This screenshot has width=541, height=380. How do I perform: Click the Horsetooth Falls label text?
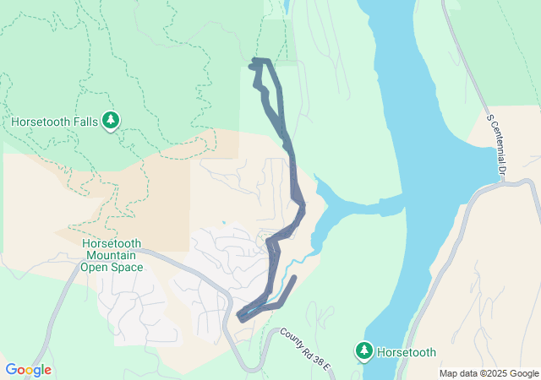pos(54,122)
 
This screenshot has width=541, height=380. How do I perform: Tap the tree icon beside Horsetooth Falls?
pos(111,121)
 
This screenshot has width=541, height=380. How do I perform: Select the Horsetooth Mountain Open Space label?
pos(112,255)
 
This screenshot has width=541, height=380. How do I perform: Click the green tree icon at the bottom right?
pos(364,350)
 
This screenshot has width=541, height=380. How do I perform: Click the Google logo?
pos(28,370)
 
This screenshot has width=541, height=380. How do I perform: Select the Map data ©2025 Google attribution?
pos(489,373)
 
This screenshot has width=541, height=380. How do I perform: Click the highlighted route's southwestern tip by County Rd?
pos(241,318)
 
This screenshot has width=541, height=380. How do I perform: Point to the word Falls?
pos(83,122)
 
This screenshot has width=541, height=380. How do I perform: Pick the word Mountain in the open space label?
pos(112,255)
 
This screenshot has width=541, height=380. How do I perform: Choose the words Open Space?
pos(112,267)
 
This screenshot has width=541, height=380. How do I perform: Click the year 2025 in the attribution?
pos(494,373)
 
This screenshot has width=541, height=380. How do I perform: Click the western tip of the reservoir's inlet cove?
pos(316,179)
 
